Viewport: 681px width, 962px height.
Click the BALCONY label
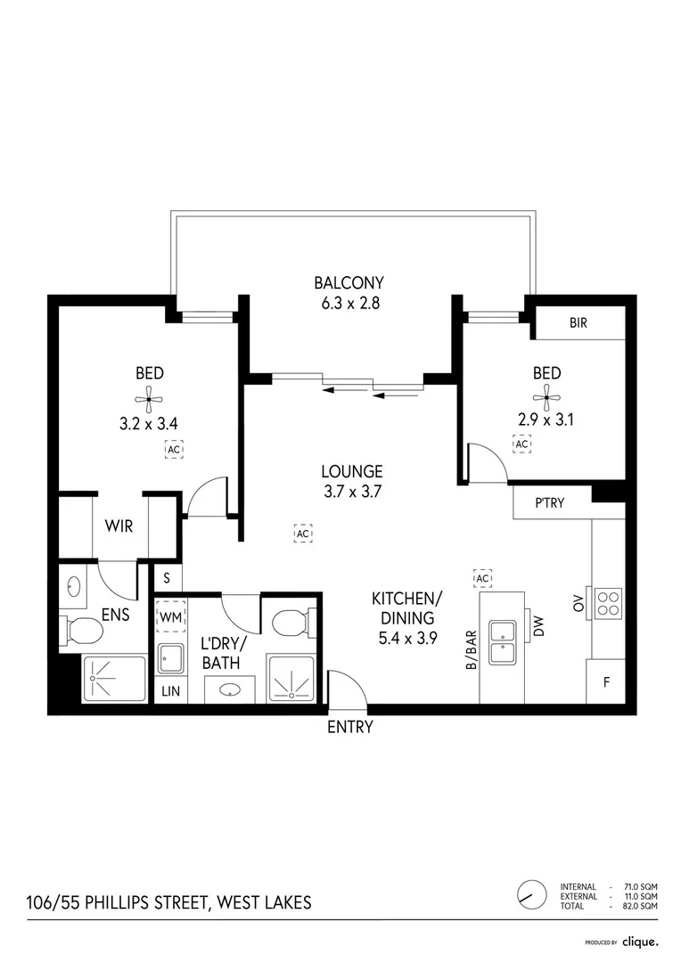pos(349,283)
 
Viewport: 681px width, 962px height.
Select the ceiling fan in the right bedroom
pos(546,397)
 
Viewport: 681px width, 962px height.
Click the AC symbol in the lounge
pos(303,534)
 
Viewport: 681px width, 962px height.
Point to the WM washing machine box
pos(171,617)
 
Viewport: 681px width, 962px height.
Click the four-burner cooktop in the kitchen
pos(608,602)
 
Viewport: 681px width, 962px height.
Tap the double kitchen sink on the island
pos(503,641)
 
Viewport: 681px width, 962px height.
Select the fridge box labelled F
pos(605,681)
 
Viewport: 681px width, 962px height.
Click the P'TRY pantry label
pos(550,503)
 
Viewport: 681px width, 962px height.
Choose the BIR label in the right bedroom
pos(578,322)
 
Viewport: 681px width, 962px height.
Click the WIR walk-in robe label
pos(119,526)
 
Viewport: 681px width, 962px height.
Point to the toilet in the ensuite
pos(80,630)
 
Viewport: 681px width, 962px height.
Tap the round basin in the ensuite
pos(74,586)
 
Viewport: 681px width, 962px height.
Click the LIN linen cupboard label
pos(171,691)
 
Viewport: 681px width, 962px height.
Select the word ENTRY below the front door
pos(350,727)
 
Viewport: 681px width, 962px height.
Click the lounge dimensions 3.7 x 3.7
pos(352,492)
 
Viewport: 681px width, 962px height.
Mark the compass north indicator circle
pos(531,895)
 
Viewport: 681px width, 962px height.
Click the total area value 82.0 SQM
pos(641,906)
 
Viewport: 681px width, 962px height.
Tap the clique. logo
pos(640,942)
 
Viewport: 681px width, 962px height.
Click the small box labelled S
pos(167,578)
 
